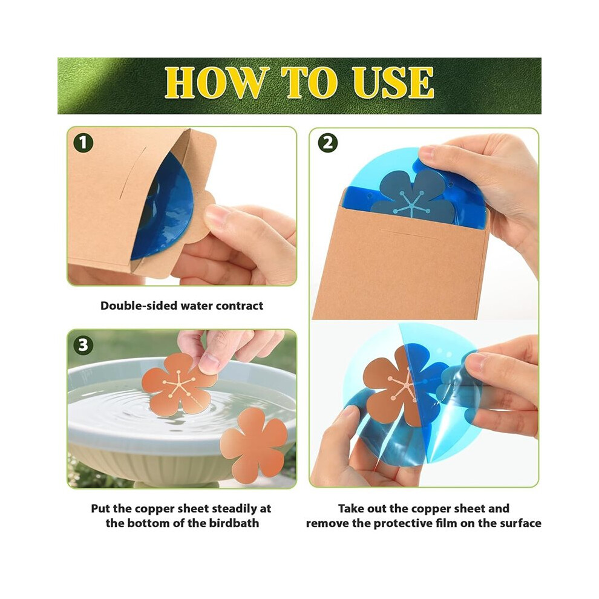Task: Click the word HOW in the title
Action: (x=215, y=82)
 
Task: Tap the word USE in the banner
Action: (x=393, y=82)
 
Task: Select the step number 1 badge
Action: (x=83, y=143)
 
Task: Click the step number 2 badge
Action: (x=328, y=143)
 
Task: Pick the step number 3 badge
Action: (x=83, y=345)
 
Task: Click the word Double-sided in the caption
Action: (x=139, y=306)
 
